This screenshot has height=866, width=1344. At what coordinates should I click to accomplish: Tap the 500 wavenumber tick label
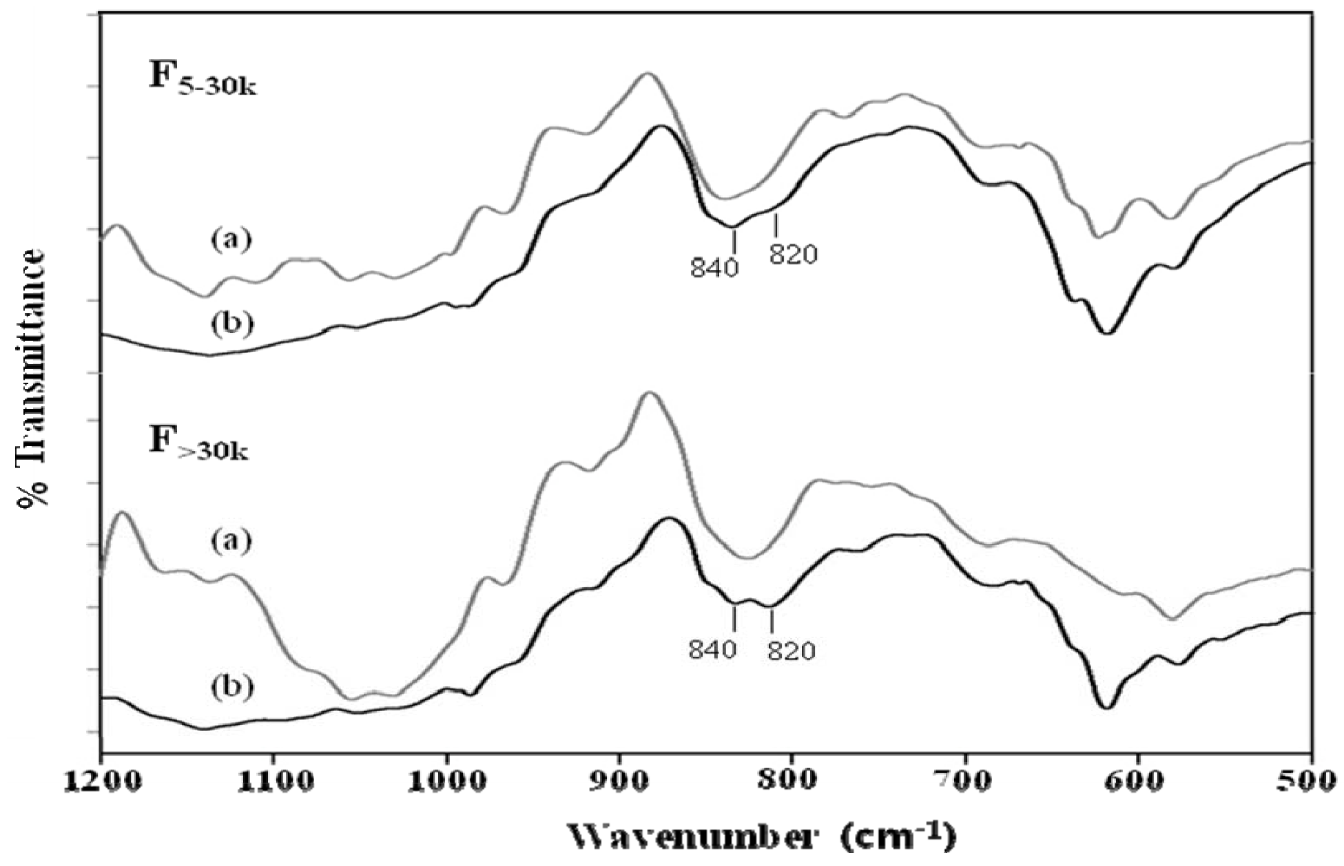1310,784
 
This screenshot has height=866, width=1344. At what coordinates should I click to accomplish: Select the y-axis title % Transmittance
31,379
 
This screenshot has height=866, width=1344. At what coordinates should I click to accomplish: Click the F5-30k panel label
201,78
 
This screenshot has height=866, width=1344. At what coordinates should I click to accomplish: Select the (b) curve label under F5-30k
231,323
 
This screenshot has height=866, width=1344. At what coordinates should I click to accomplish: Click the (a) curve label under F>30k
231,540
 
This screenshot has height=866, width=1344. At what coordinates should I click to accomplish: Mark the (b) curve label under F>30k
231,686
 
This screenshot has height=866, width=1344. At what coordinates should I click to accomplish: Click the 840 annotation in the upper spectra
714,267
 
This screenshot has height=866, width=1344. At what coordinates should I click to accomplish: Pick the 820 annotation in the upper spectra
793,255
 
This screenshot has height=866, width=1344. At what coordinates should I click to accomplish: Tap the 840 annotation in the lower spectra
713,648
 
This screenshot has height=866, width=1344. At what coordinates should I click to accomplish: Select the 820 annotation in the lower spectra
792,651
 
